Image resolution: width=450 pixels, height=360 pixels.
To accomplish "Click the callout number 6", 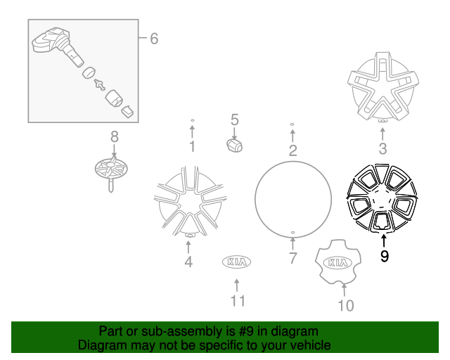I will tap(153, 39).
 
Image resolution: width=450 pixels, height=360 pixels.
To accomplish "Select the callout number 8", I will tap(114, 136).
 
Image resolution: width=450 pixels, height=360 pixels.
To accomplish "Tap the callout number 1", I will tap(191, 147).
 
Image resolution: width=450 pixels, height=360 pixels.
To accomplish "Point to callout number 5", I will tap(235, 120).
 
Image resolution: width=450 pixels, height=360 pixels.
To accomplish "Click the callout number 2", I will tap(292, 150).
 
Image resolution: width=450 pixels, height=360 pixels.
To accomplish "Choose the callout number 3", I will tap(382, 148).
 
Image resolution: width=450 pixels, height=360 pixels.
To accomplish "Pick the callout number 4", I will tap(188, 263).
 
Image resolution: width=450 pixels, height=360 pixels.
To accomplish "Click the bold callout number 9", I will tap(384, 257).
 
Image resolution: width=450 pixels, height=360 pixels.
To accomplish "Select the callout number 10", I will tap(345, 305).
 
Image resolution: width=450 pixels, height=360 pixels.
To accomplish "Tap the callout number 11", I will tap(237, 301).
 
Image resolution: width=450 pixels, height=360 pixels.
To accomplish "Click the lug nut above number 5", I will tap(234, 145).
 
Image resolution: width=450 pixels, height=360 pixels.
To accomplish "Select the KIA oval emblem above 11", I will tap(237, 262).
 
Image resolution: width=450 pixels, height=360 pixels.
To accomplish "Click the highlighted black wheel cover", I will tap(380, 200).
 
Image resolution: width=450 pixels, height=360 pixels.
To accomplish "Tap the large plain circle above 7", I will tap(292, 195).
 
